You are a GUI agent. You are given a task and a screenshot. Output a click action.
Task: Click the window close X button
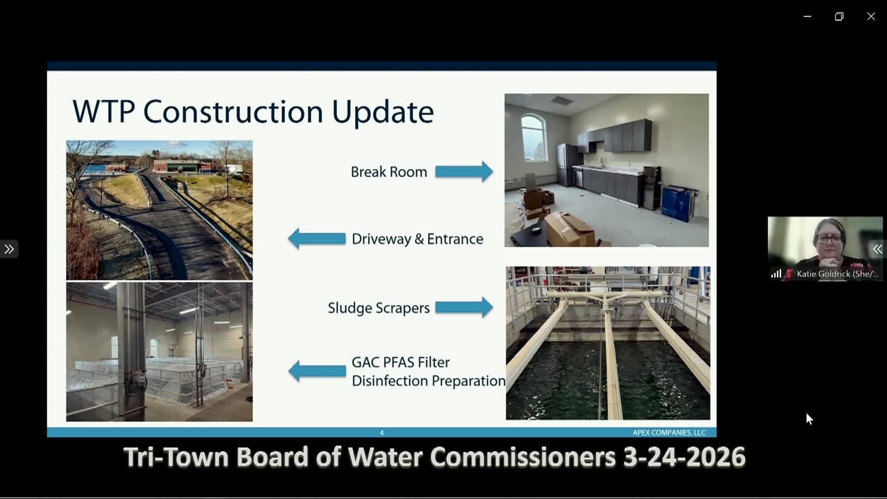pyautogui.click(x=871, y=17)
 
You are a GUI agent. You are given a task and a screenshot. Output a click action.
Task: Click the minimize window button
pyautogui.click(x=808, y=17)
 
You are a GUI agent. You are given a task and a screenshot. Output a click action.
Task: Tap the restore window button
pyautogui.click(x=839, y=17)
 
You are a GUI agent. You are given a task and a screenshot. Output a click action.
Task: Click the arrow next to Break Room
pyautogui.click(x=464, y=172)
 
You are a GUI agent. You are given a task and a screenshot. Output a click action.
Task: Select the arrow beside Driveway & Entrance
pyautogui.click(x=317, y=238)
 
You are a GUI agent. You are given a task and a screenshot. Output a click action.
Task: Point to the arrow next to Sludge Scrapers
pyautogui.click(x=464, y=307)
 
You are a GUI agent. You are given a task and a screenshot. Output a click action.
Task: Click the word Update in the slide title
pyautogui.click(x=383, y=112)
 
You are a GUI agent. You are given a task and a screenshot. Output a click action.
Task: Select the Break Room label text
pyautogui.click(x=389, y=172)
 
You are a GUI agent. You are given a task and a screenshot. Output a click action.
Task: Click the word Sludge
pyautogui.click(x=350, y=308)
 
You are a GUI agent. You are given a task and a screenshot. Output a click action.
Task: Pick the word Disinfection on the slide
pyautogui.click(x=389, y=381)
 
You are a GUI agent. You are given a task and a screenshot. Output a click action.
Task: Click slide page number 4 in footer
pyautogui.click(x=382, y=433)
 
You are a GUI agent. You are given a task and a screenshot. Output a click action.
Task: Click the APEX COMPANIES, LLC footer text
pyautogui.click(x=669, y=433)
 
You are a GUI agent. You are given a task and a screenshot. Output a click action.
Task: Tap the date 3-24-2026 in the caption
pyautogui.click(x=684, y=457)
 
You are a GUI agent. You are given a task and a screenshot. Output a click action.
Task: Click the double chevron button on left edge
pyautogui.click(x=9, y=249)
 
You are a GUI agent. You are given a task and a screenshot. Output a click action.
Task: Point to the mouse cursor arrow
pyautogui.click(x=809, y=419)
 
